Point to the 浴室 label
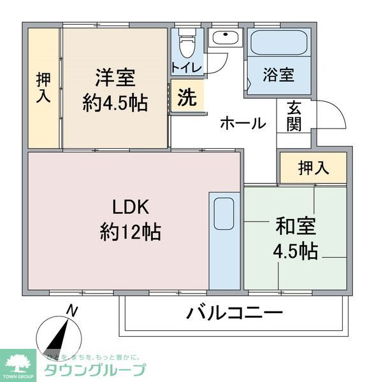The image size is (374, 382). [278, 74]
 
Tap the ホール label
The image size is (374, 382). [243, 123]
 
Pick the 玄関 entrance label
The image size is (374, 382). [294, 116]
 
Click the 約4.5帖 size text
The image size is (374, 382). [115, 102]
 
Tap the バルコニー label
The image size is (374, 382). [234, 313]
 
